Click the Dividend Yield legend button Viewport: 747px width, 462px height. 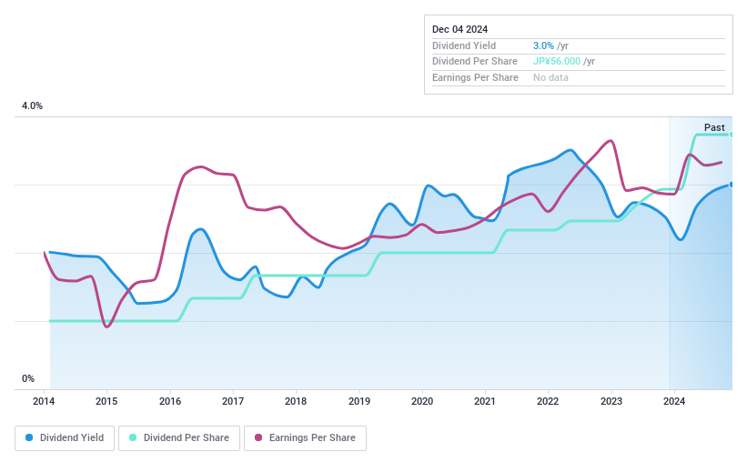[x=65, y=437]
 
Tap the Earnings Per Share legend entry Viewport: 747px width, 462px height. [x=305, y=437]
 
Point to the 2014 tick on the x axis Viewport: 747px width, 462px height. [x=45, y=400]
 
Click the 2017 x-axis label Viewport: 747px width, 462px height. [x=233, y=400]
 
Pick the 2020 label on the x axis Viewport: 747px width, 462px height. [x=422, y=400]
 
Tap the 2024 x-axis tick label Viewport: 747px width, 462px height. [x=673, y=400]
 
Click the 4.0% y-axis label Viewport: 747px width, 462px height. [x=33, y=106]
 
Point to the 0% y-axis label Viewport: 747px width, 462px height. [x=28, y=378]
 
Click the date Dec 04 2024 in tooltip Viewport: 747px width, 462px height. [x=460, y=29]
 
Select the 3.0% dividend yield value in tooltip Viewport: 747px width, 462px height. [x=544, y=45]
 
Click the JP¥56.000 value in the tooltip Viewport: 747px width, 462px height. [x=557, y=62]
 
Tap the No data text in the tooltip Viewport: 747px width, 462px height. [x=551, y=78]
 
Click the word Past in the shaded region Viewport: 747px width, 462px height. [x=714, y=127]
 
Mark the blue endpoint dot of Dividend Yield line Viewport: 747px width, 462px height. [x=732, y=185]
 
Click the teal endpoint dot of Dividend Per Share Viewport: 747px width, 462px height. [x=732, y=135]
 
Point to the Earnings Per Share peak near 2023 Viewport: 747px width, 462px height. [x=611, y=141]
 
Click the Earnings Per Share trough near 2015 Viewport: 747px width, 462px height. [x=107, y=326]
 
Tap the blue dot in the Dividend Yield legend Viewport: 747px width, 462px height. [x=30, y=437]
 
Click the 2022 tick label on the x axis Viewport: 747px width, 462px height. [x=548, y=400]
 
